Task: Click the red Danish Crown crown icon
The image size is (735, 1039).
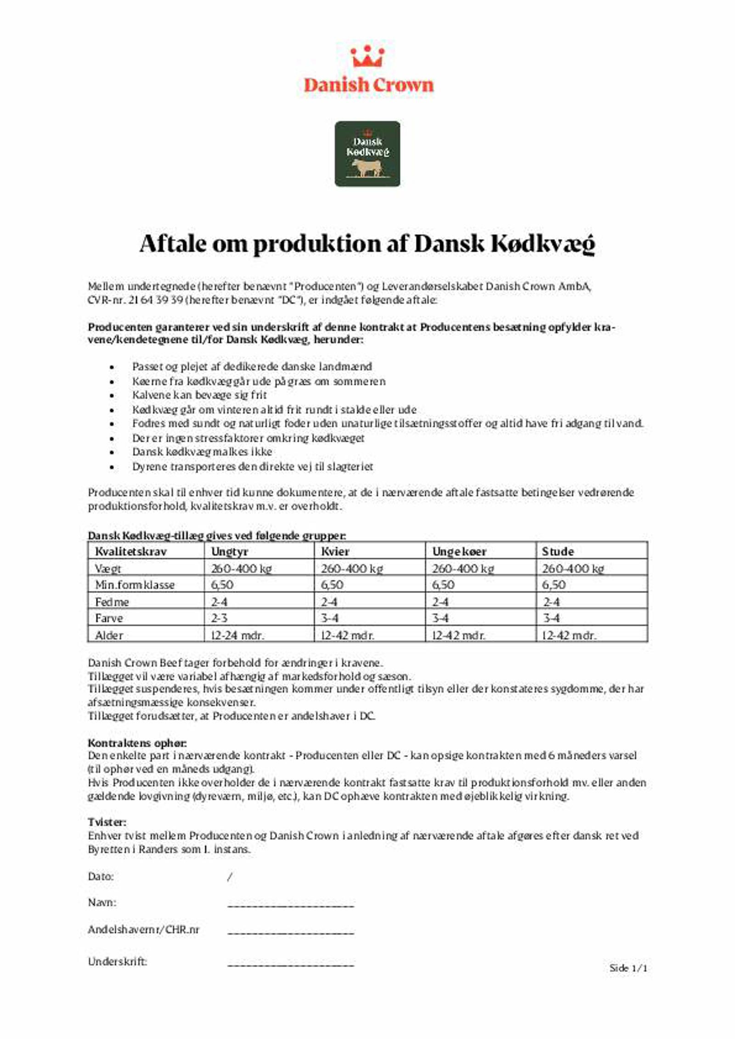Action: (367, 56)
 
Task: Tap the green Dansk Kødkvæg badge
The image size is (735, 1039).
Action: (367, 154)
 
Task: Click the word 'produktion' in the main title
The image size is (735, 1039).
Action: (317, 243)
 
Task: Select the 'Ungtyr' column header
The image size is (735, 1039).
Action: (230, 551)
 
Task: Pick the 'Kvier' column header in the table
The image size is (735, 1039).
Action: (335, 551)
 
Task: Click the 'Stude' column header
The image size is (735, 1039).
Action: (558, 551)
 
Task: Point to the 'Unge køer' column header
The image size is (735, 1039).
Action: (459, 551)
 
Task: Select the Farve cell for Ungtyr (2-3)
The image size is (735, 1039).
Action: (219, 618)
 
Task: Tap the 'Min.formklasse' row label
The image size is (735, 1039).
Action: (135, 585)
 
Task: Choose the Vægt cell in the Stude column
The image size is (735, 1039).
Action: (573, 569)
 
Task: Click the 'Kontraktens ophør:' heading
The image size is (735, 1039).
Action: (137, 743)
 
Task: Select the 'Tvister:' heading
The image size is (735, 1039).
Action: (107, 822)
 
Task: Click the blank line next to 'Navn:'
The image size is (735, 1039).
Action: (291, 905)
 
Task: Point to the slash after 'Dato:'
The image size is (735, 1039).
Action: (230, 877)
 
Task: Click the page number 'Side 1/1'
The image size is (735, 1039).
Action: (628, 968)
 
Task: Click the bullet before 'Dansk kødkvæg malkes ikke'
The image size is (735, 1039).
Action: (112, 452)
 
